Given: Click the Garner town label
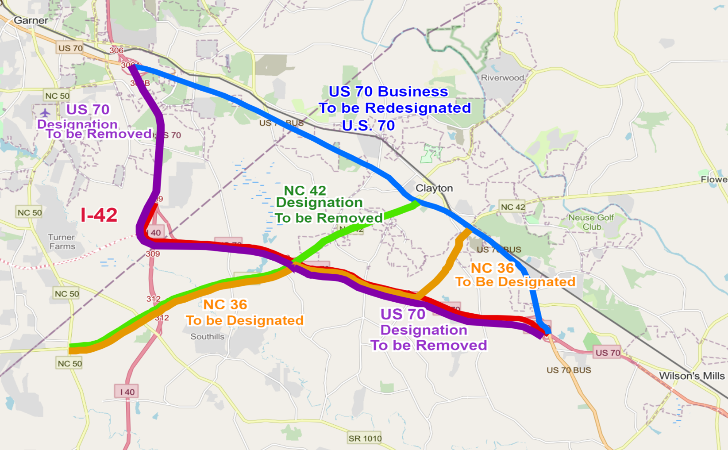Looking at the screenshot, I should click(31, 20).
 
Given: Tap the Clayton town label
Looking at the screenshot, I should click(434, 188).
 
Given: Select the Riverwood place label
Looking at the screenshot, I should click(502, 78).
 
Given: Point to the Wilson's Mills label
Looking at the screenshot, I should click(692, 376).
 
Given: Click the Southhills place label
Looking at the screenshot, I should click(207, 337).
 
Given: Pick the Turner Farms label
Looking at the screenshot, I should click(62, 242).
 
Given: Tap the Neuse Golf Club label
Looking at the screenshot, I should click(591, 222).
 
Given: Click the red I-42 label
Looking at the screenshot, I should click(99, 215).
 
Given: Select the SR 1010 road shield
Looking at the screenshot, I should click(365, 438).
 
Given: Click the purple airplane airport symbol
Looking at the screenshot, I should click(45, 112).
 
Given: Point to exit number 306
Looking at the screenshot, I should click(116, 50).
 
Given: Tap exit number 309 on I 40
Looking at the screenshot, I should click(153, 254).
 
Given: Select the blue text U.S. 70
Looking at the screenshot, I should click(368, 126).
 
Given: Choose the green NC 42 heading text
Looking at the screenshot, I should click(305, 191).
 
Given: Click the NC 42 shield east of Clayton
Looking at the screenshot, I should click(512, 207).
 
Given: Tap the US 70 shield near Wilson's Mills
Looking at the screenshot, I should click(608, 353).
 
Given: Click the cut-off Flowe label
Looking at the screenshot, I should click(713, 180).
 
